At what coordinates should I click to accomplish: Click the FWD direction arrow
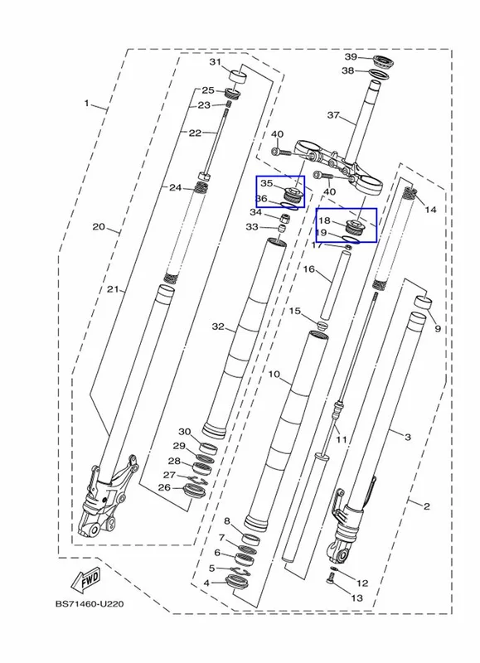click(86, 580)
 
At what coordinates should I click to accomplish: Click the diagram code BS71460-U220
click(90, 604)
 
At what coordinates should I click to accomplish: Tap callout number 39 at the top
click(351, 57)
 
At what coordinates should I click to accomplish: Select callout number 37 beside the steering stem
click(333, 114)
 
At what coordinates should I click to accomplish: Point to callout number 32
click(218, 327)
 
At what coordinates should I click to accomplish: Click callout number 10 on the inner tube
click(274, 375)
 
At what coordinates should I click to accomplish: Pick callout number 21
click(112, 289)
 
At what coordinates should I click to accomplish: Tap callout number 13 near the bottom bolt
click(357, 598)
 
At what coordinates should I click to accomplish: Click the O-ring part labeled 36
click(289, 206)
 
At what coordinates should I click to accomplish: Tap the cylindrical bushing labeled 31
click(238, 78)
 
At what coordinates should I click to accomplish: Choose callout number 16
click(309, 269)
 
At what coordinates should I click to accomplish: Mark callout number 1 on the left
click(86, 103)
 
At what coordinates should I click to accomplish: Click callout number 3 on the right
click(408, 437)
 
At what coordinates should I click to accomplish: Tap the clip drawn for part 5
click(240, 571)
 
